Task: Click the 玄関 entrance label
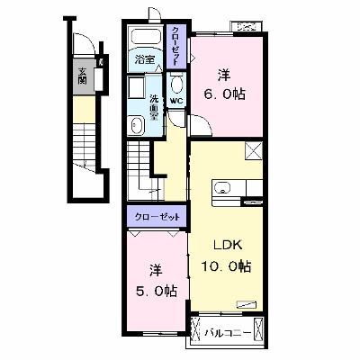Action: click(x=82, y=76)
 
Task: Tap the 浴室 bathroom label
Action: click(x=145, y=59)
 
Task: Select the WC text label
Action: click(x=176, y=101)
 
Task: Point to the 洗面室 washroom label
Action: click(x=154, y=107)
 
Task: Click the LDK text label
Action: click(x=228, y=246)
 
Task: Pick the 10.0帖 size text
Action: click(x=226, y=266)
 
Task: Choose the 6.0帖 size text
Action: click(x=224, y=94)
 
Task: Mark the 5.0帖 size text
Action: click(x=157, y=291)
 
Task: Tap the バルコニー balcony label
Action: click(x=228, y=333)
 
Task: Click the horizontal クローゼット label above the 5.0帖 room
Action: click(x=157, y=217)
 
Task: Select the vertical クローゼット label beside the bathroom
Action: click(x=175, y=46)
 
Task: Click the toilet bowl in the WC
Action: click(x=176, y=84)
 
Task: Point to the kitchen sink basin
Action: click(x=222, y=188)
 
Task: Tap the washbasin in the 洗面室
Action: click(x=136, y=125)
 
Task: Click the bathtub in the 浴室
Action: click(x=145, y=37)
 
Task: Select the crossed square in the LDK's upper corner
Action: click(x=254, y=150)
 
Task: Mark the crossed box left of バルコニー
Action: click(x=195, y=330)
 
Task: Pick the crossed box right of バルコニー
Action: click(x=258, y=329)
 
